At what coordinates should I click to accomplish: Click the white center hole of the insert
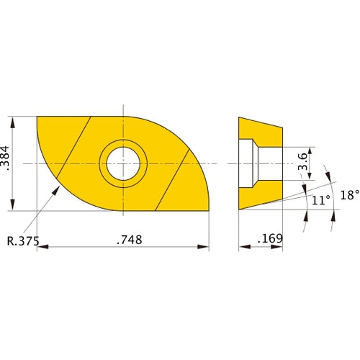point(123,163)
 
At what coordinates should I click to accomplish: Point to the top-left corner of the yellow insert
point(37,117)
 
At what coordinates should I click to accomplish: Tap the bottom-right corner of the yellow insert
point(208,210)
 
